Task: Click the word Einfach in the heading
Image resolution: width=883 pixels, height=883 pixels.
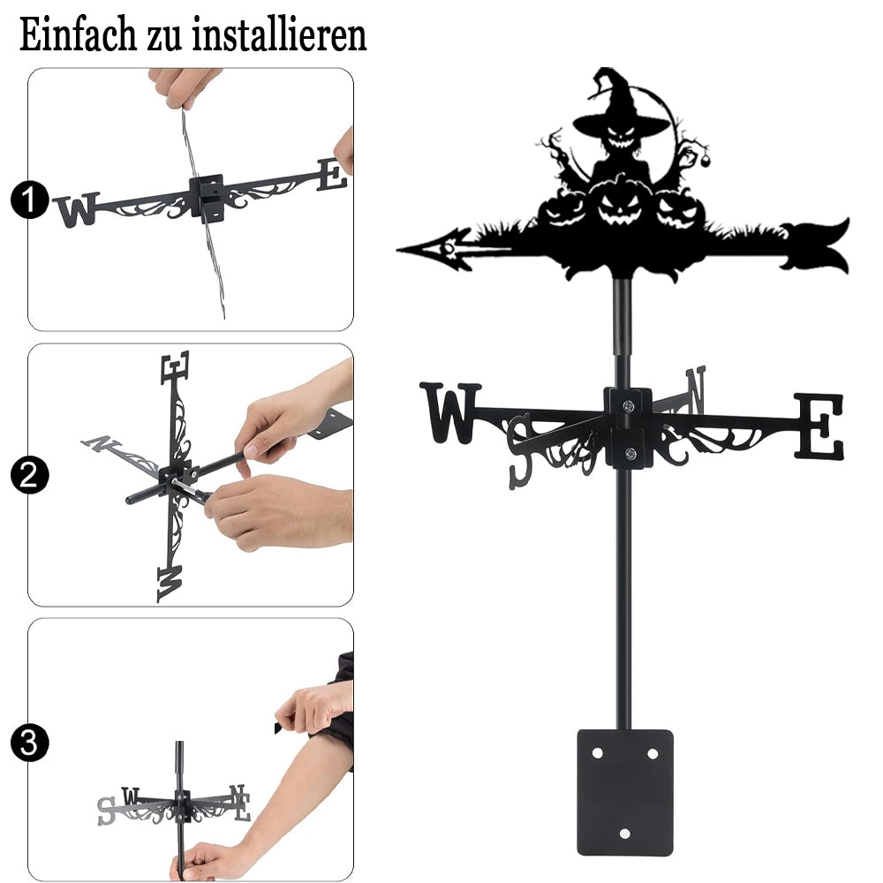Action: [78, 34]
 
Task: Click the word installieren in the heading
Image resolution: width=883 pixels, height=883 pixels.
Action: [279, 34]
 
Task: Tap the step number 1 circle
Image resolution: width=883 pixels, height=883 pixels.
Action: [29, 200]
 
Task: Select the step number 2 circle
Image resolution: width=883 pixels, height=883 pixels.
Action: [29, 475]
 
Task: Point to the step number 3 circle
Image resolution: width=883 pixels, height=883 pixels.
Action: [29, 743]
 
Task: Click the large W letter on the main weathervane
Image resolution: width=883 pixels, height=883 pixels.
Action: [450, 412]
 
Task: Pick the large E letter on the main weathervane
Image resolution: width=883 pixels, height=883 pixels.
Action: [819, 426]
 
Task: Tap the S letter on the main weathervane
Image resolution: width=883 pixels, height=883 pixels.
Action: [520, 451]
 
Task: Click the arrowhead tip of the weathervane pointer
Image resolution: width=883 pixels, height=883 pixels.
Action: [397, 249]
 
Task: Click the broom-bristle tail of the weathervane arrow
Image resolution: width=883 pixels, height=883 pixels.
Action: [817, 244]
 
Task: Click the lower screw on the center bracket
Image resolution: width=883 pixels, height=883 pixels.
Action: [630, 453]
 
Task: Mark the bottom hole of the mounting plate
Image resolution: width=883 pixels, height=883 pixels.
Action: [624, 834]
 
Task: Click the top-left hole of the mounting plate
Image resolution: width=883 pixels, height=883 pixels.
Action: [597, 753]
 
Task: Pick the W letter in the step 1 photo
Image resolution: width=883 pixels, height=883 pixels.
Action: [77, 209]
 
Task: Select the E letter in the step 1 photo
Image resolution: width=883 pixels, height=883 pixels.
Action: [332, 175]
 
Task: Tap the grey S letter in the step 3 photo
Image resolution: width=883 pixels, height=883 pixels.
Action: [107, 811]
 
